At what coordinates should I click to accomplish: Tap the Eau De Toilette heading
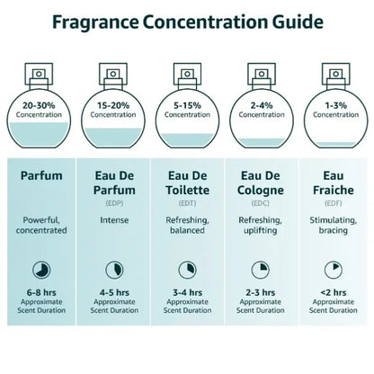pyautogui.click(x=187, y=183)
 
